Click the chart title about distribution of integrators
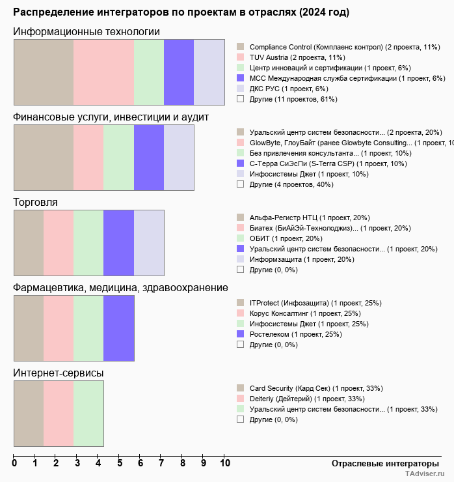pos(181,12)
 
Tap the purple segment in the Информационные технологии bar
pos(179,72)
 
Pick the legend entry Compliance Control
pos(345,47)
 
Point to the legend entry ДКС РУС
pos(289,89)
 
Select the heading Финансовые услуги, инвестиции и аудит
pos(111,117)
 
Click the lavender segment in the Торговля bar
pos(149,242)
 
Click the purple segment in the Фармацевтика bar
pos(119,328)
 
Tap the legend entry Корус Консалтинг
pos(305,313)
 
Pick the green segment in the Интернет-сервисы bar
pos(88,413)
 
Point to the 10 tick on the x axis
pos(225,464)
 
